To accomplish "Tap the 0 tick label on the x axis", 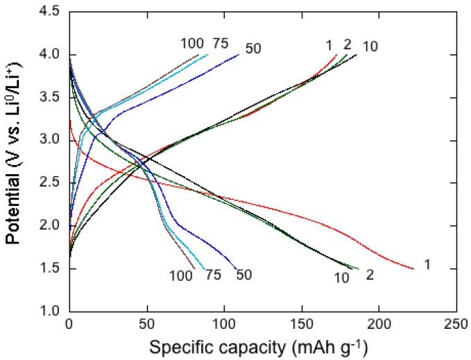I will click(69, 325).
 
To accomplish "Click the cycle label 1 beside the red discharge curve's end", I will click(427, 265).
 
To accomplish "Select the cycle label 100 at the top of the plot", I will click(192, 44).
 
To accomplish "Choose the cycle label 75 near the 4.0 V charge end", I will click(220, 44).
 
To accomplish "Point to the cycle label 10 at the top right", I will click(370, 46).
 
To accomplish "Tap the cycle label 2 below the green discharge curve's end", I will click(370, 275).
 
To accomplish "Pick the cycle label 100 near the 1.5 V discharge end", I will click(181, 275).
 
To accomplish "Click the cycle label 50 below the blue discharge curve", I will click(243, 275).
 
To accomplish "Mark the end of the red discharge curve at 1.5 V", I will click(413, 268).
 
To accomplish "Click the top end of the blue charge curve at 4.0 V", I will click(239, 54).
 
